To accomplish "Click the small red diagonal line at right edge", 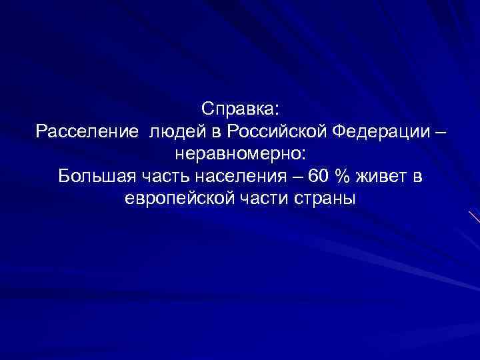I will pyautogui.click(x=474, y=217).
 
